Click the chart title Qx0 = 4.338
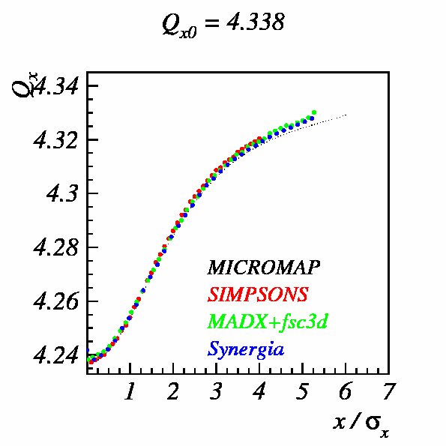click(223, 24)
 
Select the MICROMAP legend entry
click(263, 268)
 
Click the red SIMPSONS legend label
click(258, 294)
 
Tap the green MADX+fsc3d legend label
click(268, 321)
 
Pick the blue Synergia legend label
click(246, 349)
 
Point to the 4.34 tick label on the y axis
click(55, 86)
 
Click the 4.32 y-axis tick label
click(55, 140)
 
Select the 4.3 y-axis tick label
click(62, 194)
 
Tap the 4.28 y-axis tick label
click(55, 248)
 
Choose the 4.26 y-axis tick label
click(55, 301)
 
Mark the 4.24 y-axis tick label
click(55, 355)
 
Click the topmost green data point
click(314, 112)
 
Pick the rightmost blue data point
click(312, 118)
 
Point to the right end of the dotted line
click(346, 115)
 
